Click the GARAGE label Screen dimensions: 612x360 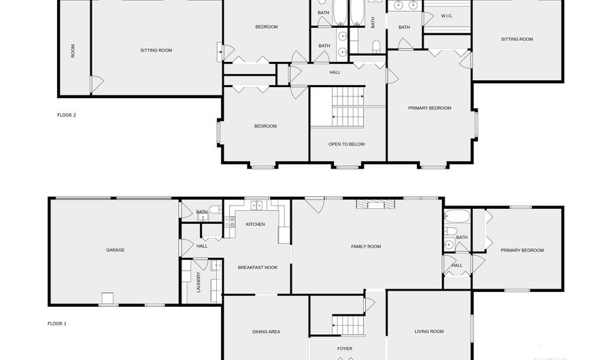pos(115,250)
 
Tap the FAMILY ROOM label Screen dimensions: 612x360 pos(366,246)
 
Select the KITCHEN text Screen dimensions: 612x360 pos(255,224)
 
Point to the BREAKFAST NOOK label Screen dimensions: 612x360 pos(258,267)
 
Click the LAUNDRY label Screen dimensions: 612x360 pos(199,282)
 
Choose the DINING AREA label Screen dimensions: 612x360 pos(266,332)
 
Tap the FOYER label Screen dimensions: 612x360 pos(345,348)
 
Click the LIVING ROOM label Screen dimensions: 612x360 pos(429,331)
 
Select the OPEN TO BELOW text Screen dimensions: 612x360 pos(347,144)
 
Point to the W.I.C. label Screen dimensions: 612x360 pos(447,16)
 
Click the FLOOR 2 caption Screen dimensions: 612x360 pos(67,115)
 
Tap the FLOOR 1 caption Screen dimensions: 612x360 pos(57,324)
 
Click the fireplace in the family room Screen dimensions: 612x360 pos(375,205)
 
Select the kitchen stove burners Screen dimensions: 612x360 pos(230,222)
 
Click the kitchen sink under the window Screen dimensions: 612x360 pos(256,205)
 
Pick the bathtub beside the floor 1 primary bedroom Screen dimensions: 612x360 pos(457,216)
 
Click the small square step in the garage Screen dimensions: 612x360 pos(107,297)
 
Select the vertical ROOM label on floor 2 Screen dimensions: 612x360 pos(73,51)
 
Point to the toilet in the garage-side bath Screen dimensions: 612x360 pos(215,210)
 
